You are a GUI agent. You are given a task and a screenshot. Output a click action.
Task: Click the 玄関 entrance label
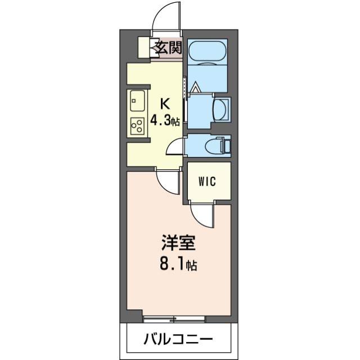[168, 47]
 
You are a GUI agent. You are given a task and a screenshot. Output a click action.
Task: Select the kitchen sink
[137, 102]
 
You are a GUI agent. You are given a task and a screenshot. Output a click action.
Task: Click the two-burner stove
[137, 126]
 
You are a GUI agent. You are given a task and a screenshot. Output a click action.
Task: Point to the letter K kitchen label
[165, 103]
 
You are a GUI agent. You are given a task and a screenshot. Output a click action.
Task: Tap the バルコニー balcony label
[177, 339]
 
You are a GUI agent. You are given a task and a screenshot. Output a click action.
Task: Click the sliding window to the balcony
[174, 319]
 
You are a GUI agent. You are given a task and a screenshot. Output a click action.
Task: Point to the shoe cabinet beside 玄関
[144, 47]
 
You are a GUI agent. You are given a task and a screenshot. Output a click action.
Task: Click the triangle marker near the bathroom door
[196, 88]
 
